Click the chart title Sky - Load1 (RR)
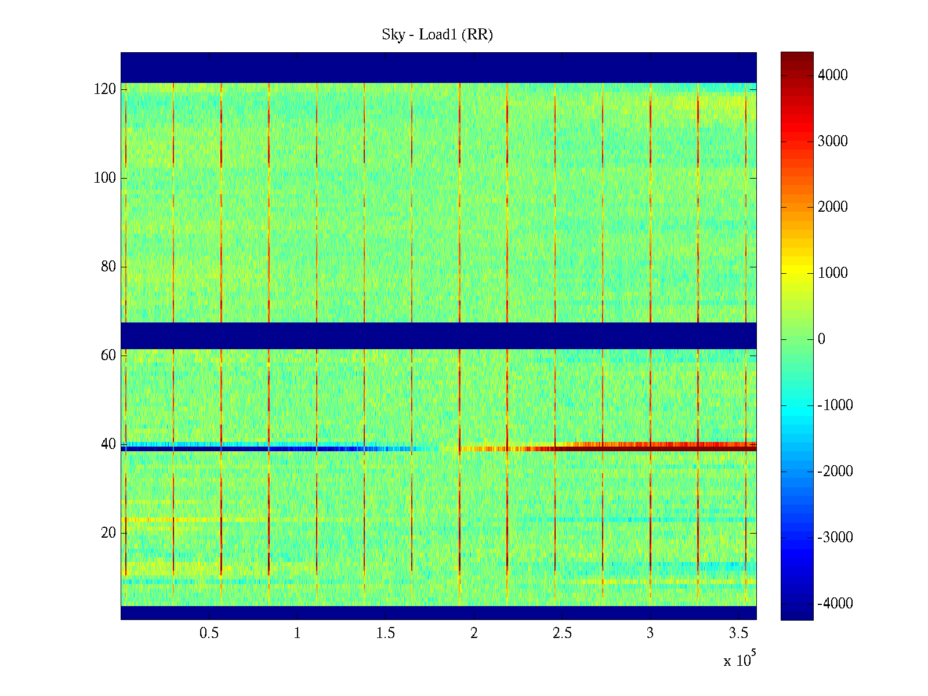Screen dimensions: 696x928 tap(437, 35)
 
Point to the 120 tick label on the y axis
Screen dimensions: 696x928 tap(105, 89)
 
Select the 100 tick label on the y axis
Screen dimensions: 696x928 tap(105, 178)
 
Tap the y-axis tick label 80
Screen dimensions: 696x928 tap(108, 267)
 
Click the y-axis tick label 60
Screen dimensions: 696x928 tap(108, 356)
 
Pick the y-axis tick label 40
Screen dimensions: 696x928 tap(108, 444)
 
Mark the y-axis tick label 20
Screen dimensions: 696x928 tap(108, 533)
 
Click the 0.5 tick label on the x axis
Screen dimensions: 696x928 tap(209, 633)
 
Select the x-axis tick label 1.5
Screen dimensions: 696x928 tap(386, 633)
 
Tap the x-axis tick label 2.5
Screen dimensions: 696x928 tap(562, 633)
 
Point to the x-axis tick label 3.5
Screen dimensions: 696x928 tap(738, 633)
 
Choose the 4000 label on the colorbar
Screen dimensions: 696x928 tap(832, 75)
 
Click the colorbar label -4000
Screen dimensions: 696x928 tap(835, 604)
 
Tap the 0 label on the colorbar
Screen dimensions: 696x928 tap(821, 339)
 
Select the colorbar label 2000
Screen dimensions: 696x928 tap(832, 207)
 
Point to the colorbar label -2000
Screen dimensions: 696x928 tap(835, 472)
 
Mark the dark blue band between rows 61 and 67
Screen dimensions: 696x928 tap(438, 336)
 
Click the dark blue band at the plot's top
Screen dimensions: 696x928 tap(438, 67)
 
